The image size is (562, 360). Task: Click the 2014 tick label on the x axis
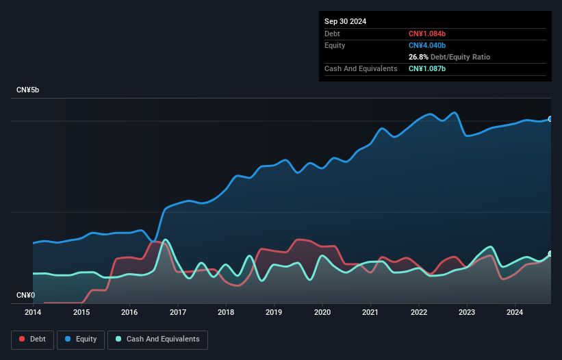[33, 312]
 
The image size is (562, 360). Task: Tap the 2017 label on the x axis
[178, 312]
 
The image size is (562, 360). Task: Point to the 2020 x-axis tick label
[322, 312]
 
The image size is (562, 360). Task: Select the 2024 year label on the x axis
[515, 312]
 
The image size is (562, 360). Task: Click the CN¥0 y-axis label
[25, 295]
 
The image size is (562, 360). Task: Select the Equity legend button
[81, 339]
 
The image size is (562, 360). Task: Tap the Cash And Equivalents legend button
[157, 339]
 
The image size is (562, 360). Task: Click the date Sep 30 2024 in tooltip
[346, 21]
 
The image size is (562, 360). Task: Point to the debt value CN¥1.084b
[427, 34]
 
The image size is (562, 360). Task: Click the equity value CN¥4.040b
[427, 45]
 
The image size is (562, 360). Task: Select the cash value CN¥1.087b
[427, 68]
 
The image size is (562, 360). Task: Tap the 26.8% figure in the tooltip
[419, 57]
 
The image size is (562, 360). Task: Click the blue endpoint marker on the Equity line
[550, 119]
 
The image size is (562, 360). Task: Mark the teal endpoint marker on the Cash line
[550, 254]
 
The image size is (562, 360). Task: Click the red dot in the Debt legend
[23, 339]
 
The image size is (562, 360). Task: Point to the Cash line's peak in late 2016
[165, 240]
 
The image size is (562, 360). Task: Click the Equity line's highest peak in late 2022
[454, 113]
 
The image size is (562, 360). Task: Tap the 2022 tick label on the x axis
[419, 312]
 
